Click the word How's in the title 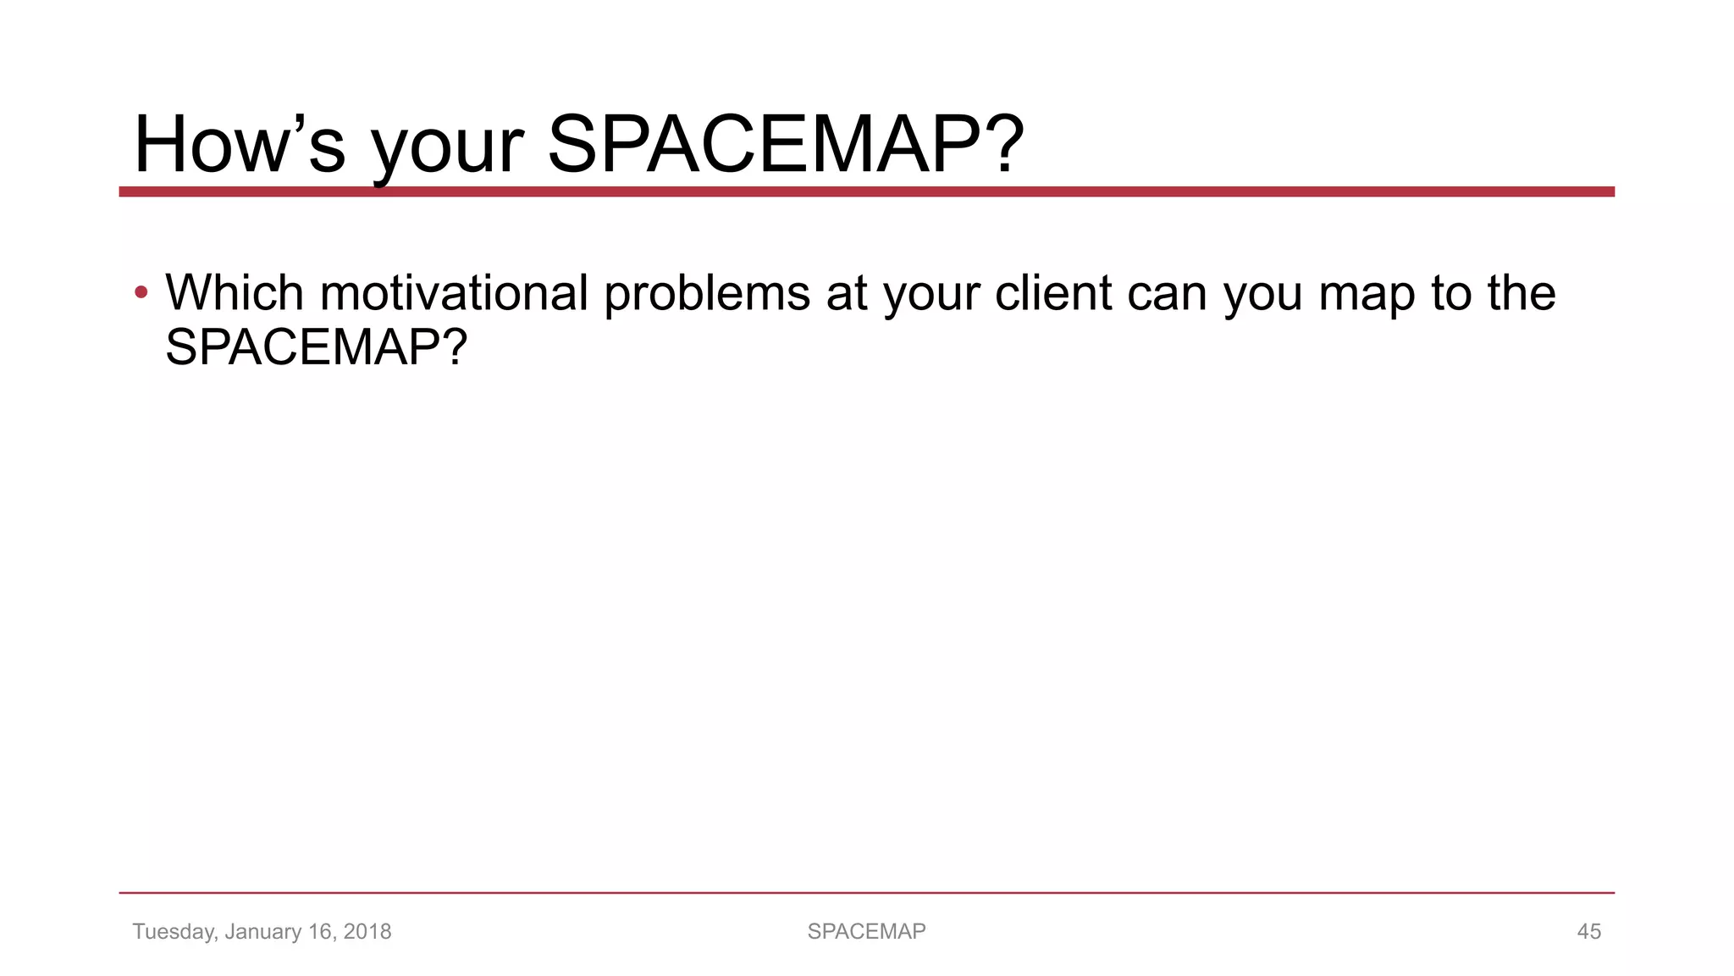240,145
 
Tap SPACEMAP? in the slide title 785,145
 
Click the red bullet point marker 141,293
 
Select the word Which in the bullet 235,293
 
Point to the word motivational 454,293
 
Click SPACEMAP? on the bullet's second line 316,347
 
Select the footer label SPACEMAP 866,931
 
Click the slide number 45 1588,931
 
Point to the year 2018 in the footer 367,931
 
